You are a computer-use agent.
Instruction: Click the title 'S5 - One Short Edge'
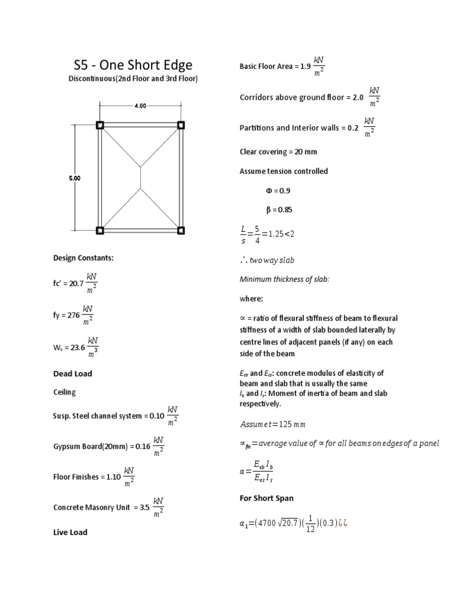click(x=132, y=65)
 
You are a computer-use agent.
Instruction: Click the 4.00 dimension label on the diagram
click(x=140, y=107)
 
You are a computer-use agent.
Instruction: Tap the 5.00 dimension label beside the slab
click(x=75, y=178)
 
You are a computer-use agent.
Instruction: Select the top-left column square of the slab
click(x=100, y=125)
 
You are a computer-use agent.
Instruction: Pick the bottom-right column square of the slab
click(x=181, y=230)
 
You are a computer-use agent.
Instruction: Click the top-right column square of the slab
click(x=181, y=125)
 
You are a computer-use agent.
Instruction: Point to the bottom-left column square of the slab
click(x=100, y=230)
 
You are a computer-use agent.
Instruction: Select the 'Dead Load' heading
click(x=73, y=373)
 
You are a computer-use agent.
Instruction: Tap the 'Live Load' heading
click(x=70, y=532)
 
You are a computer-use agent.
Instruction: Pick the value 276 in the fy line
click(x=73, y=316)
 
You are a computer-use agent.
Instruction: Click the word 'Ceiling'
click(x=64, y=392)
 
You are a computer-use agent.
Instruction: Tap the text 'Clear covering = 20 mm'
click(x=278, y=152)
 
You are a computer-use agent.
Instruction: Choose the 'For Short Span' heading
click(x=267, y=498)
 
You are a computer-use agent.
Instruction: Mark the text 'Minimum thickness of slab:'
click(x=284, y=279)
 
